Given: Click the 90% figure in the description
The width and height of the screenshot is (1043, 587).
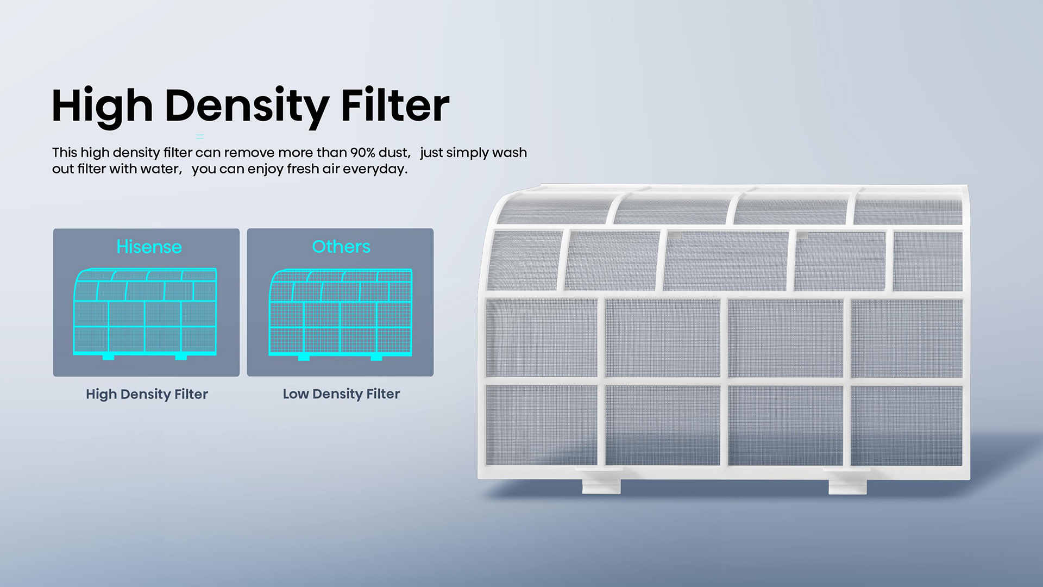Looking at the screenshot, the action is point(362,153).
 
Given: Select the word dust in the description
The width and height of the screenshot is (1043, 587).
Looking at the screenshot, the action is point(393,153).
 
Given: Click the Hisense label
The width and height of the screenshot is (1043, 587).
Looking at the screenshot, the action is point(149,247).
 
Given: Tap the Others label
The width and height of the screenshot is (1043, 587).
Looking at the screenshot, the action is point(341,247).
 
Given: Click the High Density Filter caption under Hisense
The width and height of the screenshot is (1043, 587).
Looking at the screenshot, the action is point(147,394).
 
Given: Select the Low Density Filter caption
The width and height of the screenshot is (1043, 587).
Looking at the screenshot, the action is point(341,394).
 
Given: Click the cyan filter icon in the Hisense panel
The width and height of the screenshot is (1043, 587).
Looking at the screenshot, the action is point(145,313).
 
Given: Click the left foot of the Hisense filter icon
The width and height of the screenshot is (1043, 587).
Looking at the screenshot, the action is point(109,357).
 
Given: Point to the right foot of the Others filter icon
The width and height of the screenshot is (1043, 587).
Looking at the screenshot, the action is point(376,357).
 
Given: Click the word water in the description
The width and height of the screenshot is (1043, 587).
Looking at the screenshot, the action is point(160,169).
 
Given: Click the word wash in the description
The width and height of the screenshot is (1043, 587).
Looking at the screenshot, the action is point(509,153).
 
